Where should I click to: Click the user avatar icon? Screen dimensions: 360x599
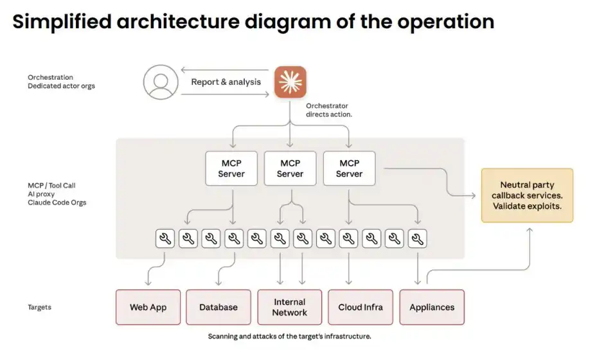click(160, 82)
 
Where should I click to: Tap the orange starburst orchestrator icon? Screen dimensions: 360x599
click(291, 82)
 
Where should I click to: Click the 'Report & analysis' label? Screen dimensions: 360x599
click(226, 82)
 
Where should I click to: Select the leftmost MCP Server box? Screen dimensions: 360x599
click(231, 168)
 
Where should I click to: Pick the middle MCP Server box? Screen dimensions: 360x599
click(290, 168)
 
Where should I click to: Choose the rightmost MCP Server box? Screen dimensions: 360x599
click(349, 168)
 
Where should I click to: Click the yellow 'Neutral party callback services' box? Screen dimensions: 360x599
click(527, 195)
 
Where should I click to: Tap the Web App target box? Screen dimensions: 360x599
click(148, 307)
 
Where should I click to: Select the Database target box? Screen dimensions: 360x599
click(219, 307)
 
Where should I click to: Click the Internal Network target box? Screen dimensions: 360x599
click(290, 307)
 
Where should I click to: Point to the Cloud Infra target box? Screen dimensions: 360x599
click(361, 307)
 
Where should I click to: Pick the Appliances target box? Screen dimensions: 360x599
click(432, 307)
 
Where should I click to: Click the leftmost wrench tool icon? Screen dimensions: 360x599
click(165, 239)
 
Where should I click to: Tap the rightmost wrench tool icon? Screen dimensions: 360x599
click(418, 239)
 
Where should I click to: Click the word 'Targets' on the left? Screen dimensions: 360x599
click(39, 307)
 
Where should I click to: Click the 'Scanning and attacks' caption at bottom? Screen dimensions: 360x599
click(289, 336)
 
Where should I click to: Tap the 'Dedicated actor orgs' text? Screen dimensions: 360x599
click(61, 86)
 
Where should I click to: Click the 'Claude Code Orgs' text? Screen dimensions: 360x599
click(57, 203)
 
